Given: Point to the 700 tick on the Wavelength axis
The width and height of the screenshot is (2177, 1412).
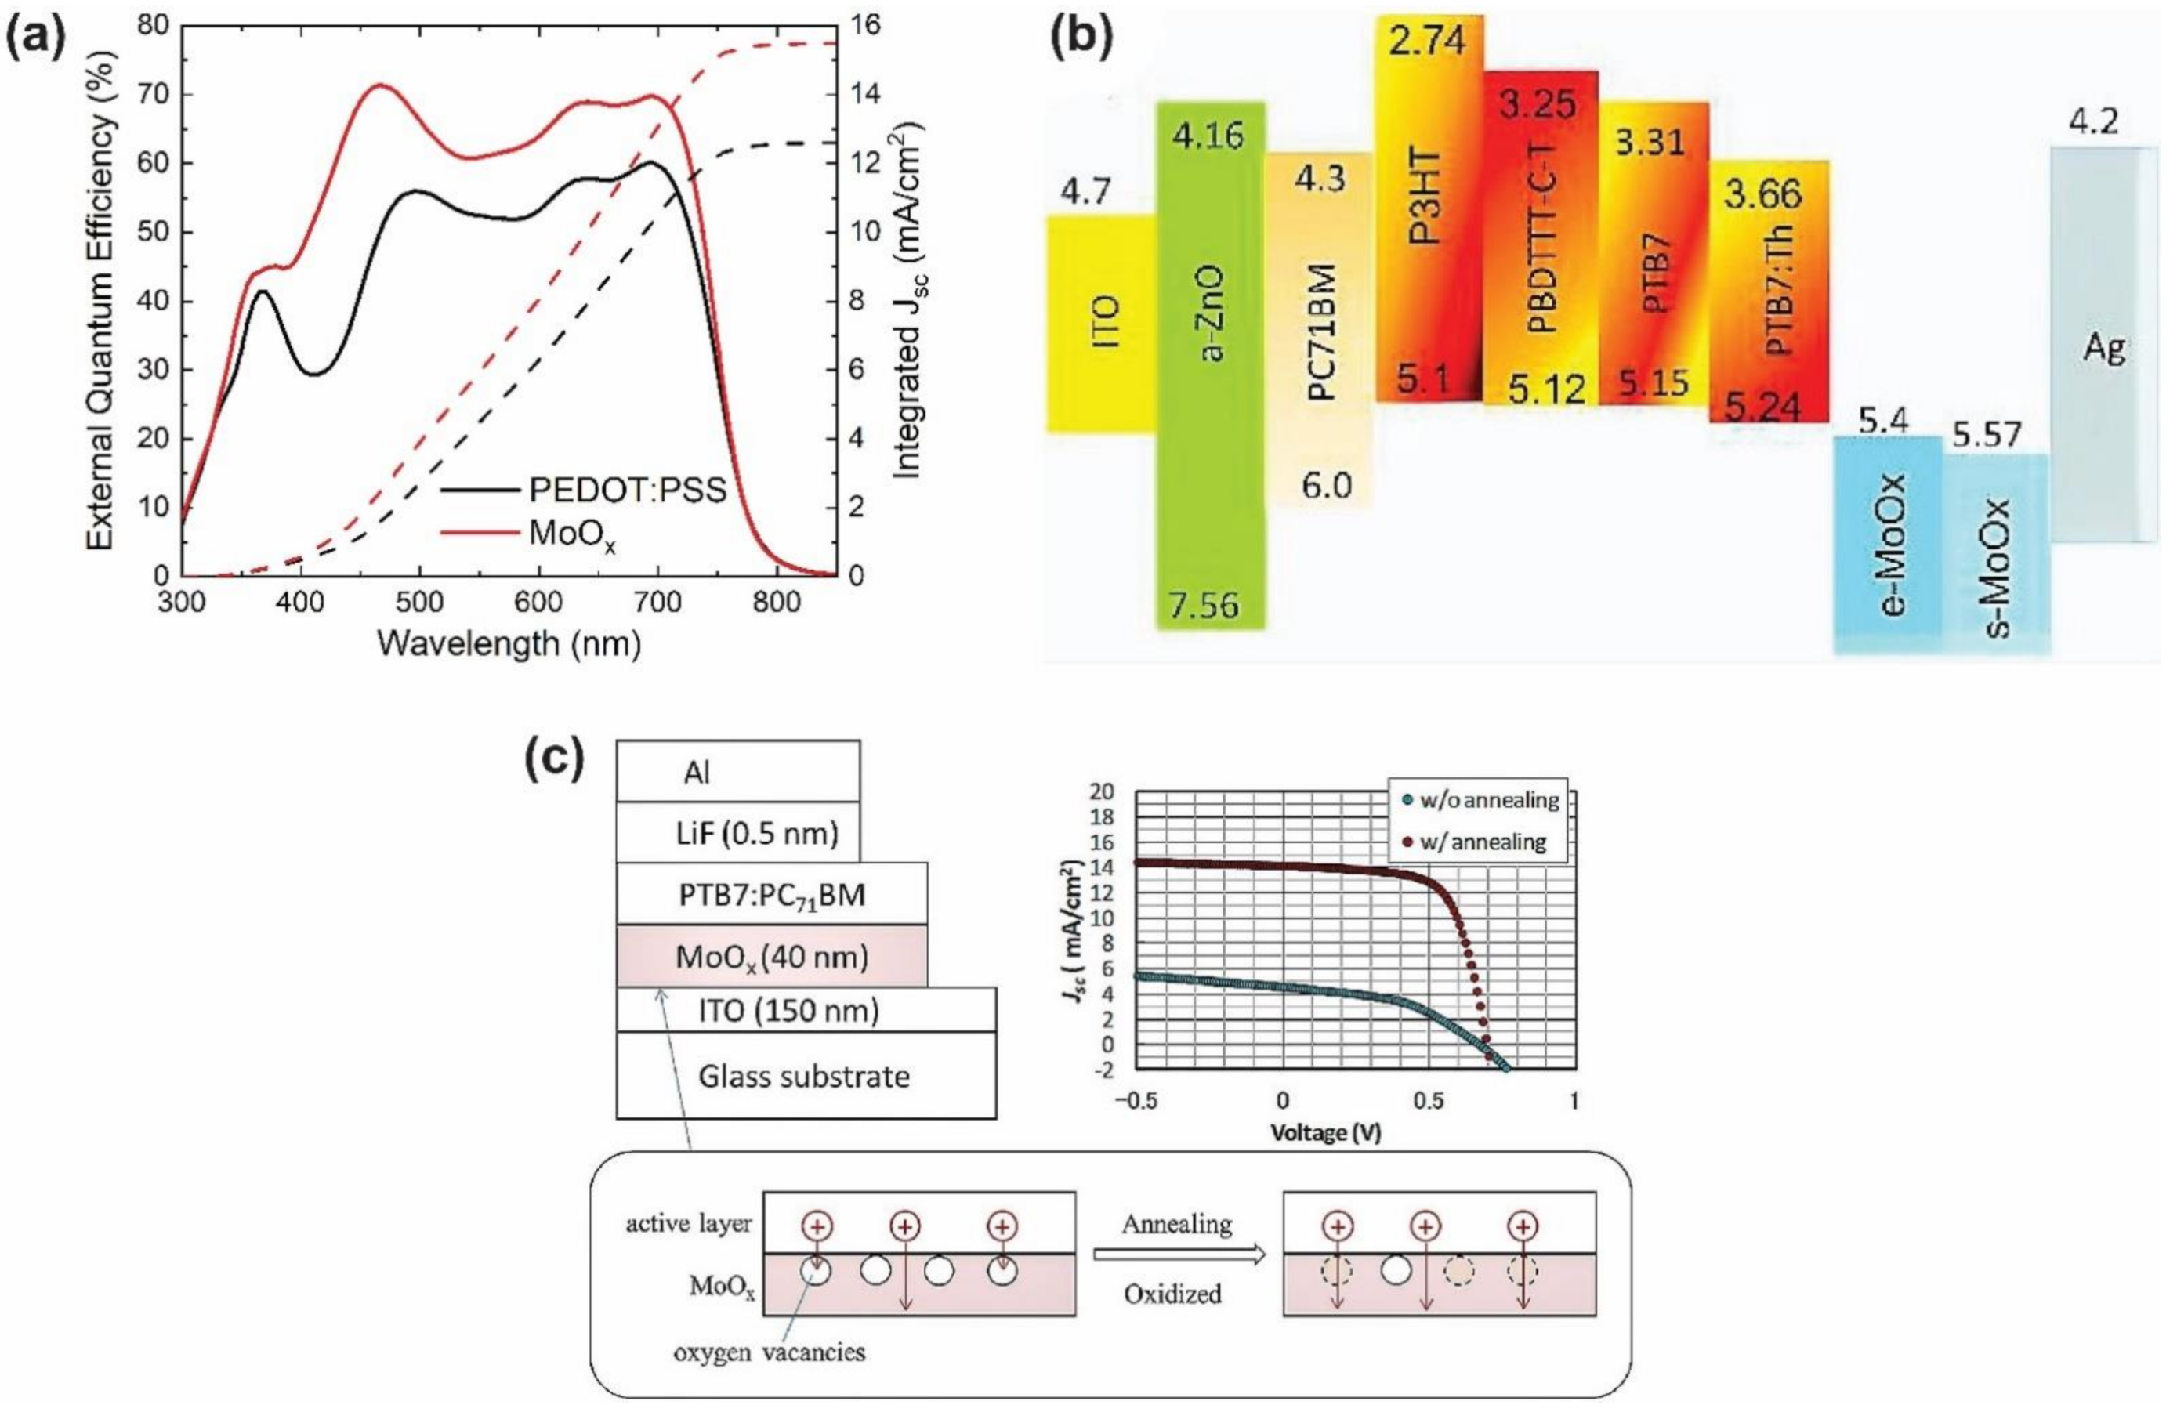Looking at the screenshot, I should click(x=657, y=603).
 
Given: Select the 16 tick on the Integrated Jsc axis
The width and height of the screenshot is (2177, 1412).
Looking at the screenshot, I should click(x=864, y=25).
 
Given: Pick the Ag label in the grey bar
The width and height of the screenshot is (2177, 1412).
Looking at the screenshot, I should click(x=2103, y=347).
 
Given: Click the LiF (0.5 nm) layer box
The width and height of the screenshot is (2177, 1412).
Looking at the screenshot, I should click(x=738, y=833).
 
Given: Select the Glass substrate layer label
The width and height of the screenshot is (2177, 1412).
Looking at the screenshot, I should click(x=804, y=1077).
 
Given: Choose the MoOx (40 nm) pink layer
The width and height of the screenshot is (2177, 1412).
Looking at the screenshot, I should click(x=771, y=957).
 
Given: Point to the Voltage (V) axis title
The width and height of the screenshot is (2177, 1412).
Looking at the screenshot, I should click(x=1324, y=1132).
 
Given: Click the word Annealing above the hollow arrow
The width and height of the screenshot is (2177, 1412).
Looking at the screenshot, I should click(x=1176, y=1224).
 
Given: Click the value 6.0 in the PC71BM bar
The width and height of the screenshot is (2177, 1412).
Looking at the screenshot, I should click(x=1325, y=485).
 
